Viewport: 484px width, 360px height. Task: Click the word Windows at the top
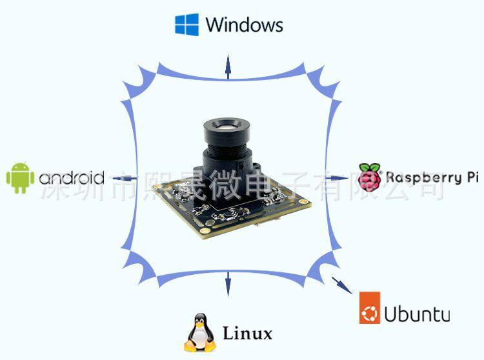[x=244, y=25]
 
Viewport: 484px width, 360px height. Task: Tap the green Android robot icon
[x=20, y=177]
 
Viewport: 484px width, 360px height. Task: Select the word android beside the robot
[x=72, y=178]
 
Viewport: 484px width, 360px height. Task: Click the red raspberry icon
[x=370, y=177]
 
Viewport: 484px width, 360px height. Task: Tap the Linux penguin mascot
[x=199, y=333]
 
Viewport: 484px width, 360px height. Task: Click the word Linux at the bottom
[x=247, y=334]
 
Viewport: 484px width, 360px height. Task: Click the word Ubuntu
[x=417, y=314]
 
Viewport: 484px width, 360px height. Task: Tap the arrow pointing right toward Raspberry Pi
[x=335, y=177]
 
